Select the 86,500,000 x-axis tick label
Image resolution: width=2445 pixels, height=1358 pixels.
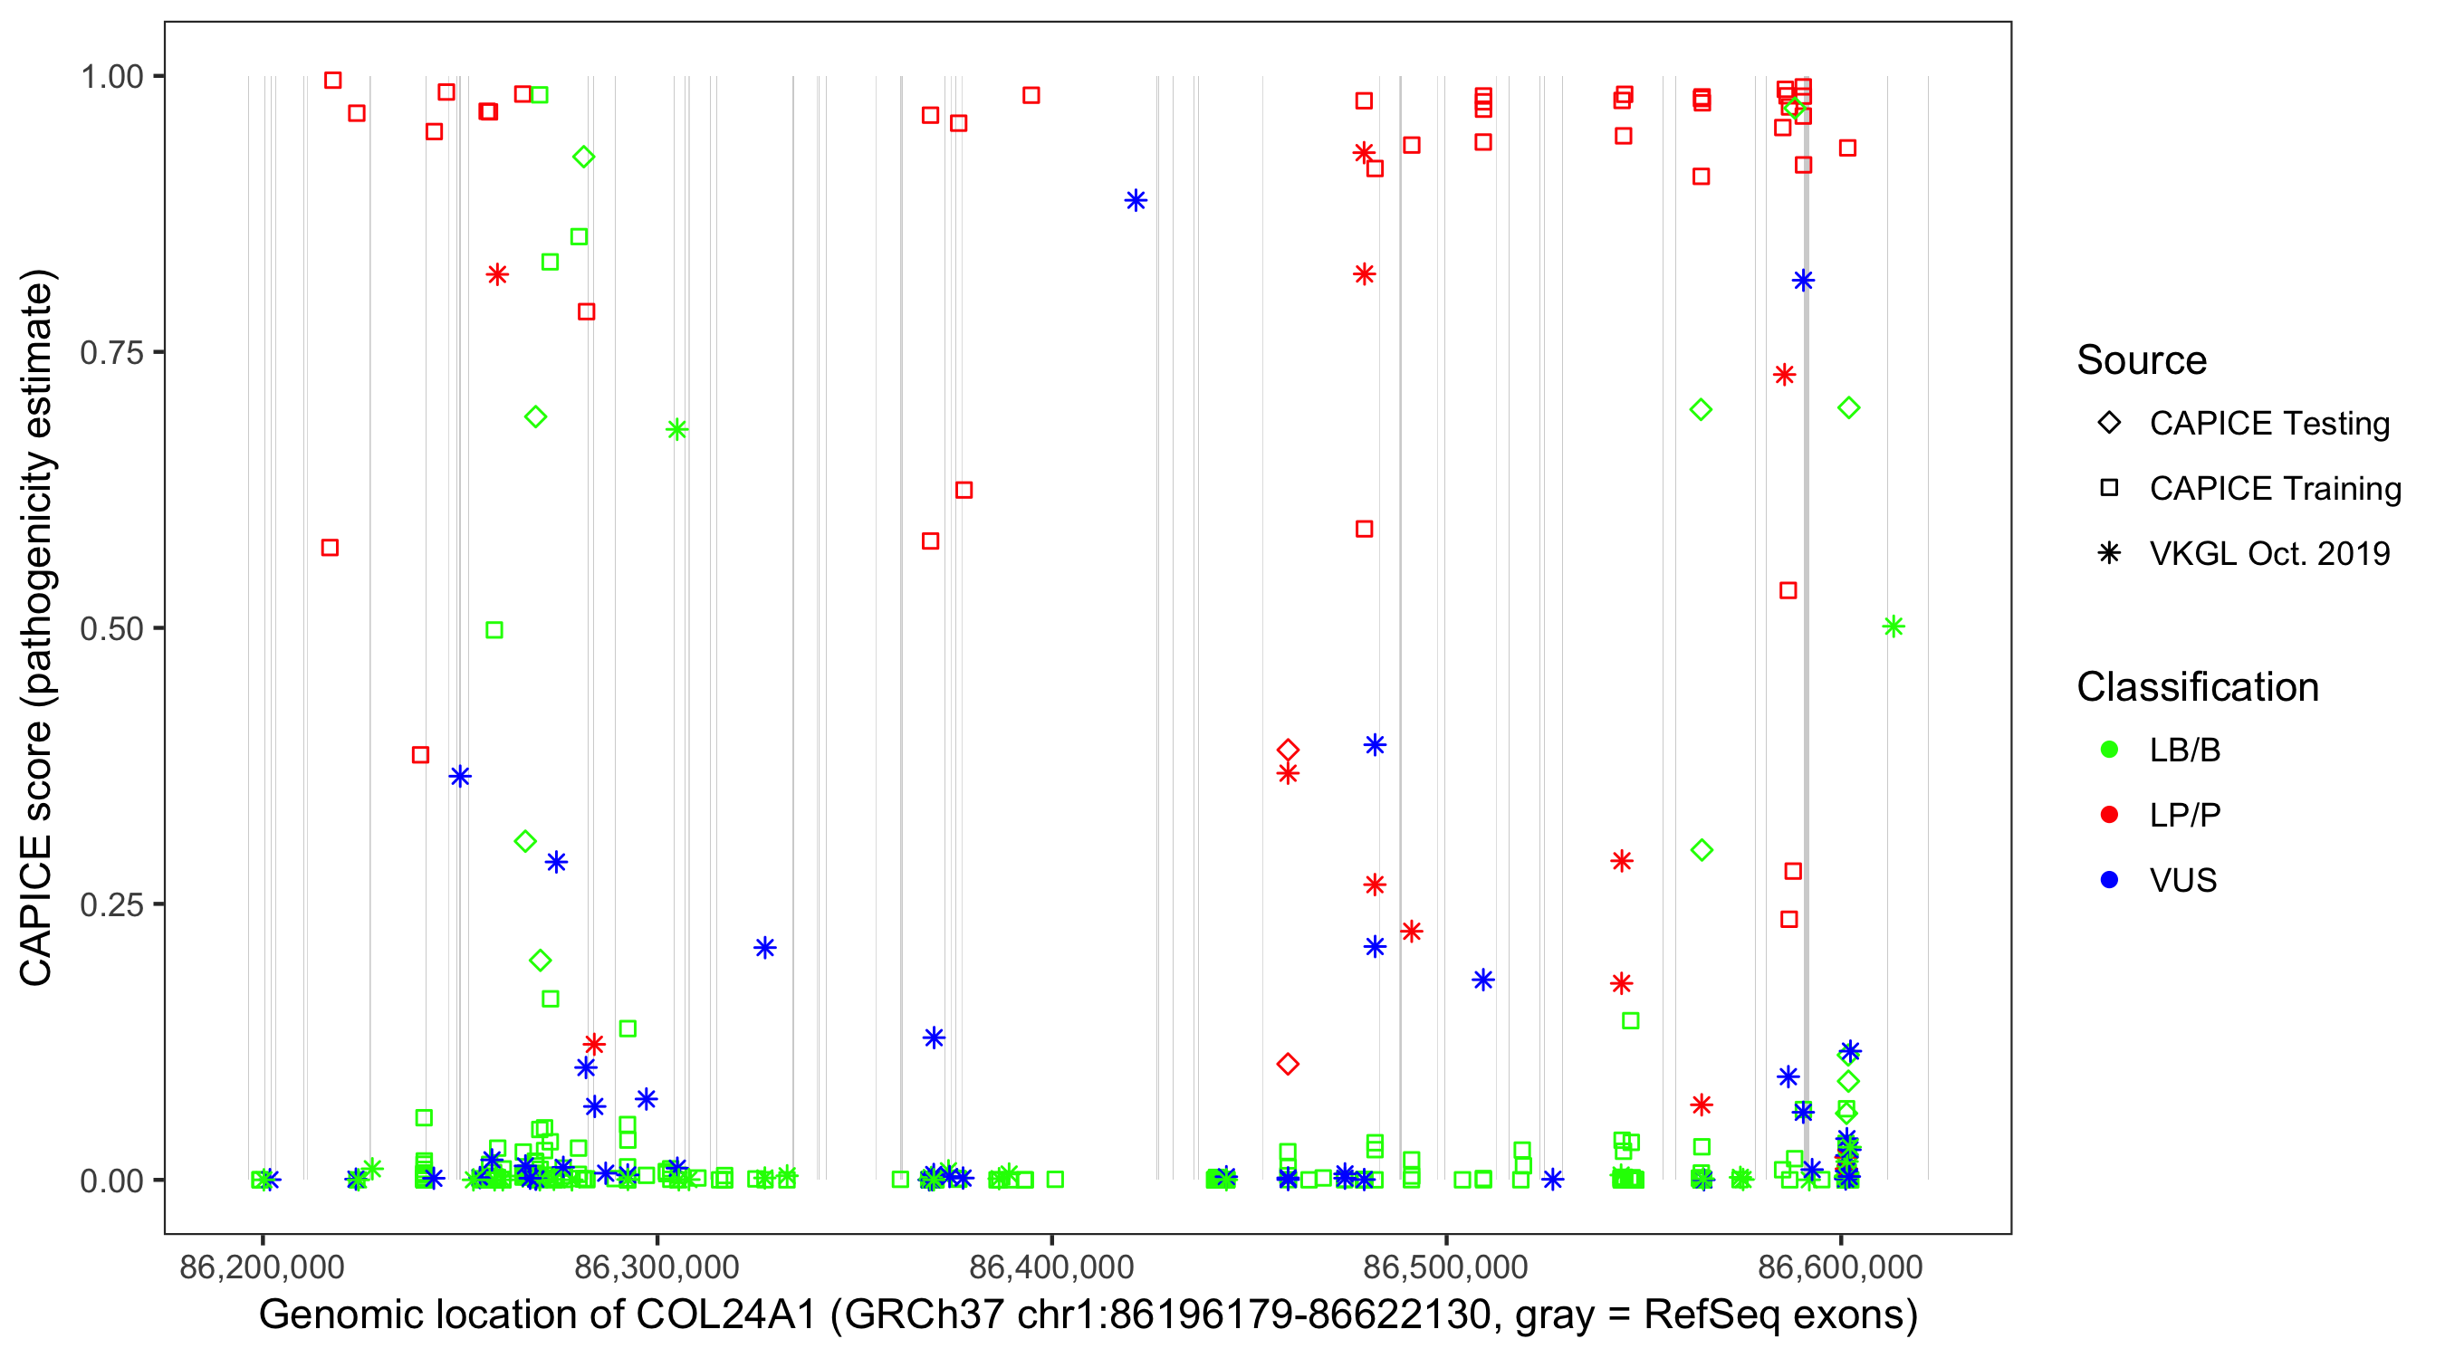pos(1445,1267)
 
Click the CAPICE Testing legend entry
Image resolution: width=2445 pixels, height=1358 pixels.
pos(2268,424)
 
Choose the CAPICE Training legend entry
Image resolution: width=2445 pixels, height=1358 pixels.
pos(2274,489)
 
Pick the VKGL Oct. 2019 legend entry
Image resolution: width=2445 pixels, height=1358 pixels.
pos(2268,553)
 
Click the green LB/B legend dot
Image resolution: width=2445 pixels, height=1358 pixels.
pos(2109,750)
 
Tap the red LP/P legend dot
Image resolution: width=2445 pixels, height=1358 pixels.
pos(2109,815)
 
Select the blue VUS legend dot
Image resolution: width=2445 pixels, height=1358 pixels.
pos(2109,880)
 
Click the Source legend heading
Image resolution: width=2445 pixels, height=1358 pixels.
pos(2142,360)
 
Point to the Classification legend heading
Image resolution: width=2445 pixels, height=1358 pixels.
pos(2196,687)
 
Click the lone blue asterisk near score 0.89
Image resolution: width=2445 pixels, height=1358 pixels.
pos(1136,200)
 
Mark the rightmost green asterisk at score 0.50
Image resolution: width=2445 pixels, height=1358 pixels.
pos(1893,626)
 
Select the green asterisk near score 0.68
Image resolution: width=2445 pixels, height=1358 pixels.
pos(676,430)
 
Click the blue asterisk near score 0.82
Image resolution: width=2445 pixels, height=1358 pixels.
pos(1802,280)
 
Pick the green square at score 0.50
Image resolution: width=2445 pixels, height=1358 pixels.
pos(494,630)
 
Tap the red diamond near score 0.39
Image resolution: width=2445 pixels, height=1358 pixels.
pos(1287,751)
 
